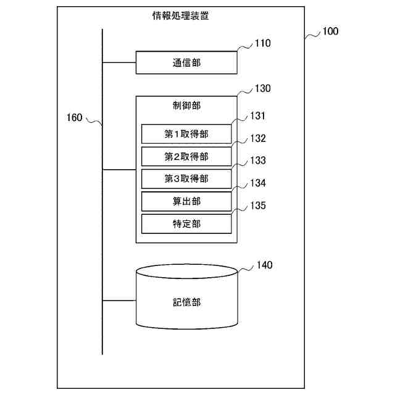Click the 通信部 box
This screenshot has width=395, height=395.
186,62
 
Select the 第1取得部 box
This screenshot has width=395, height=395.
186,134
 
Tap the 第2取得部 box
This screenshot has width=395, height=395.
186,156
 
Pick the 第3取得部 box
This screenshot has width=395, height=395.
186,178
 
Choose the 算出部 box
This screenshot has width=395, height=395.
186,201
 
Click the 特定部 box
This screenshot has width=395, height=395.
186,223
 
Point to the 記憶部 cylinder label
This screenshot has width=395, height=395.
186,302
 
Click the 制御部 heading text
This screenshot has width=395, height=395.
186,106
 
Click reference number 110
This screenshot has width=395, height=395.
262,43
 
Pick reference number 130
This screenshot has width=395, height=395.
262,88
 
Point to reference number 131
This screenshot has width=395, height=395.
258,115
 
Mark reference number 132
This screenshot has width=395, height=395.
258,138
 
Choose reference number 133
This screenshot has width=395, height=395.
258,160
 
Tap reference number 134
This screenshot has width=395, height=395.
258,183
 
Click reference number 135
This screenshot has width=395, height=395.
258,206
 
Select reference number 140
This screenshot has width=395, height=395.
264,265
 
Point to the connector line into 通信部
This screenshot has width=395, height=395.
118,62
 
